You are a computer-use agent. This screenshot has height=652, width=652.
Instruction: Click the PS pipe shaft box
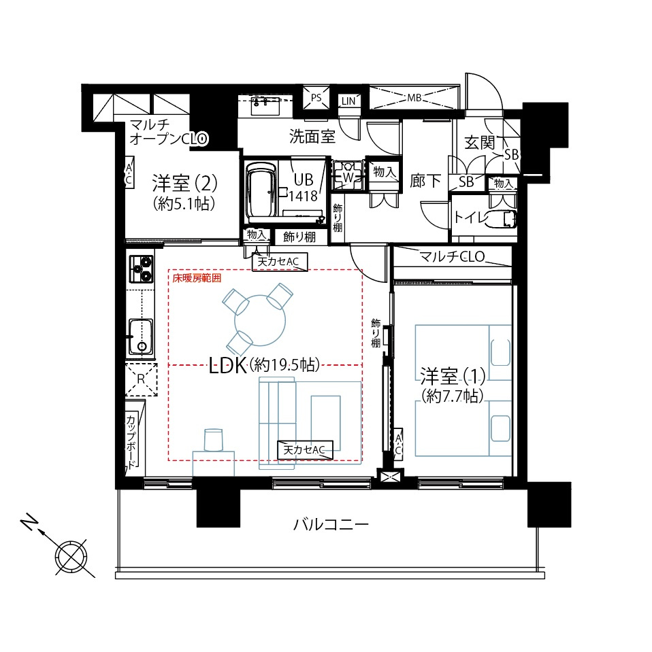[x=316, y=98]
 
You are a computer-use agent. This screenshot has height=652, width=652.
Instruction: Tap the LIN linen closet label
[x=348, y=101]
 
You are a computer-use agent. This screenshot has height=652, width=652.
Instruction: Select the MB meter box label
[x=414, y=98]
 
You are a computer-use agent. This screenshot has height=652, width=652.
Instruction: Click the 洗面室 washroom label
[x=312, y=137]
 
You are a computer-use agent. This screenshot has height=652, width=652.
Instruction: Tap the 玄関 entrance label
[x=480, y=143]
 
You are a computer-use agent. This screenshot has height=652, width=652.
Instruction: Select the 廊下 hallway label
[x=425, y=181]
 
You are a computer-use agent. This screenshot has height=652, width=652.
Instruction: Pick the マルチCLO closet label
[x=452, y=256]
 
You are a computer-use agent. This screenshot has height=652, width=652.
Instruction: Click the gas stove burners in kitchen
[x=141, y=269]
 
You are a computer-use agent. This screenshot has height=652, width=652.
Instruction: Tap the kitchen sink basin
[x=140, y=337]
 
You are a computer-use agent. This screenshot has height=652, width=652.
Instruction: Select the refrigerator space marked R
[x=141, y=379]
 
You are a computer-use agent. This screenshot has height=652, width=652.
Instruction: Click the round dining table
[x=260, y=321]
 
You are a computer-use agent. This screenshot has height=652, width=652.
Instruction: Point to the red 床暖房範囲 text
[x=197, y=278]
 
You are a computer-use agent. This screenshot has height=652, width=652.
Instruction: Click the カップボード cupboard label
[x=131, y=441]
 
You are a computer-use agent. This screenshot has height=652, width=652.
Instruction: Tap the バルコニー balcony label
[x=331, y=524]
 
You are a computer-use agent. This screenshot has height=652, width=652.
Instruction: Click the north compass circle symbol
[x=71, y=557]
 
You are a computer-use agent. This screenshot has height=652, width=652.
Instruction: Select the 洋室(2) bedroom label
[x=184, y=183]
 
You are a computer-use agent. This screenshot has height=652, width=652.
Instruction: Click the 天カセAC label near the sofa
[x=304, y=450]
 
